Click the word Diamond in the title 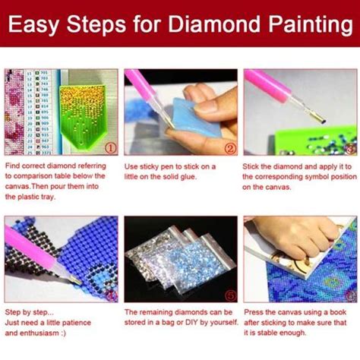[214, 24]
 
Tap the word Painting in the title [311, 26]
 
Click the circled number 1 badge [110, 148]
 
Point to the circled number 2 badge [230, 148]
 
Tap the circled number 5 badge [230, 295]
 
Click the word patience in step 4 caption [76, 323]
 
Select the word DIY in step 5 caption [191, 322]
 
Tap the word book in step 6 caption [338, 312]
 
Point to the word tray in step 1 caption [48, 197]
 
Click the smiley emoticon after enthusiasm [63, 333]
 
